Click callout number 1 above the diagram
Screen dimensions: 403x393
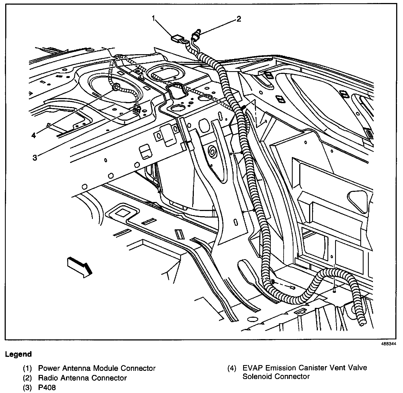[x=154, y=18]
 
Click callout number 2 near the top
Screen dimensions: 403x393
[x=239, y=19]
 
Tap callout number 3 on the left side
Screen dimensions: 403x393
[x=34, y=158]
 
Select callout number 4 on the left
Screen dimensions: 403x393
[x=34, y=135]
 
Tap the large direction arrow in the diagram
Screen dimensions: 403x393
[x=79, y=267]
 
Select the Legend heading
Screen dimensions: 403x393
[x=18, y=354]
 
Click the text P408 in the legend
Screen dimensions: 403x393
[x=47, y=388]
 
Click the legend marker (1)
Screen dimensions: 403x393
[x=27, y=368]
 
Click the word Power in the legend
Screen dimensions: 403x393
[x=49, y=368]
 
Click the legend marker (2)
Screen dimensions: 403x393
[x=27, y=378]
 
